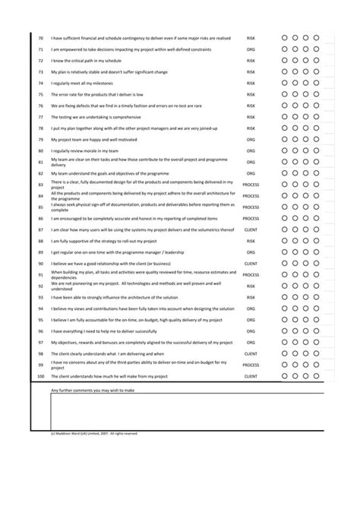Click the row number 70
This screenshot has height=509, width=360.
40,37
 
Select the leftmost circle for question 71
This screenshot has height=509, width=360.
283,49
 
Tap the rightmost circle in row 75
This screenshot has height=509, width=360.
316,94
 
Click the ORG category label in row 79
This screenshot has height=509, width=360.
251,140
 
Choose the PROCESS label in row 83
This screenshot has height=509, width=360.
251,185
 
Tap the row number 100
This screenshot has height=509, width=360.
40,376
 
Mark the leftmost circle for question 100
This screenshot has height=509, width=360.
283,376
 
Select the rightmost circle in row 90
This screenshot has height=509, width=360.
316,264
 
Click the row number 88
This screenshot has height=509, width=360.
40,241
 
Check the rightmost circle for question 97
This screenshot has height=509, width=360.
316,343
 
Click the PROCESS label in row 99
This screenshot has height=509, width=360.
251,365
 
